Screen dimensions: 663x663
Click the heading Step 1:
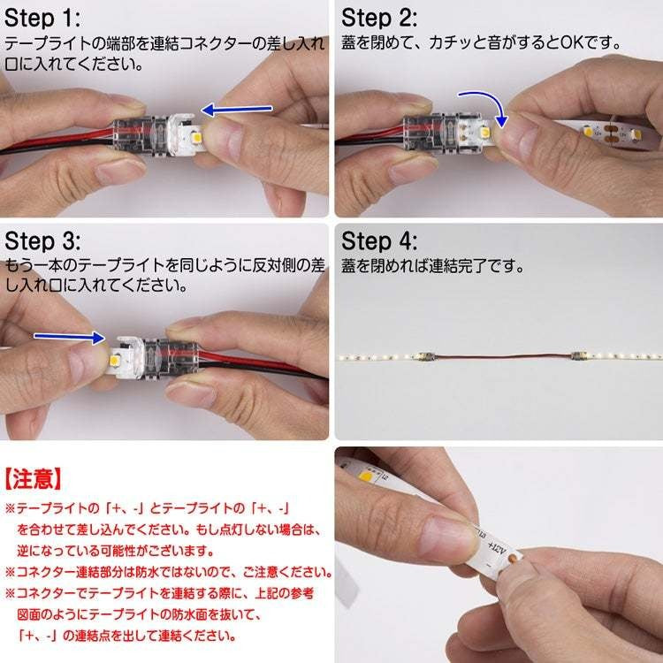tap(42, 19)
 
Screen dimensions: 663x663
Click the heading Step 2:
tap(379, 19)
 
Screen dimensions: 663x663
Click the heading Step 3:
tap(42, 241)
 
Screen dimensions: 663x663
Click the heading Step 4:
tap(379, 241)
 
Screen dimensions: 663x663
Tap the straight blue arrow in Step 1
tap(237, 110)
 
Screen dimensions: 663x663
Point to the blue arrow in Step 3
tap(69, 337)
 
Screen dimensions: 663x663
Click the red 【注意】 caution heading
tap(33, 479)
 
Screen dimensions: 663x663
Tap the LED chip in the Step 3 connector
tap(114, 361)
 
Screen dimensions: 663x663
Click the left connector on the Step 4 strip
tap(425, 356)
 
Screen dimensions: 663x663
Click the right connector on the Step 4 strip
tap(578, 355)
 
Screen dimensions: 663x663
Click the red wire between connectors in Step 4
tap(503, 355)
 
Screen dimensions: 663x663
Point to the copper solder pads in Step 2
tap(611, 133)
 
